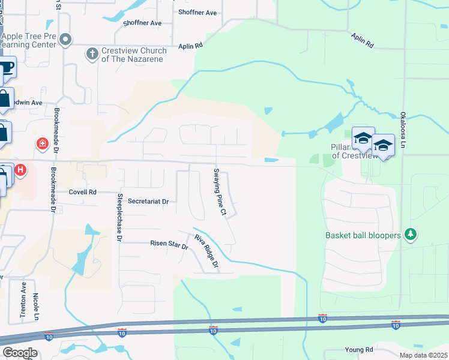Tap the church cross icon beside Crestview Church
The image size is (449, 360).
92,55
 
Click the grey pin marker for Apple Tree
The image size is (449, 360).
67,40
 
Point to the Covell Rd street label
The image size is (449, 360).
82,193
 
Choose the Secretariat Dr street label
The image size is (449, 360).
148,202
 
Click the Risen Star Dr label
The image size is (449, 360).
169,243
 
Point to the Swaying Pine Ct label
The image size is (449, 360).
219,192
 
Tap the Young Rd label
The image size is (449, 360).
359,349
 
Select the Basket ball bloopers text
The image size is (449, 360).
363,235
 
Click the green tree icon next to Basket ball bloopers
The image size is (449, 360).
411,233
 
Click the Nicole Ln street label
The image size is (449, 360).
37,306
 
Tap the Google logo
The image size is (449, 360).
19,353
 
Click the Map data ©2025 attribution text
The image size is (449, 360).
423,355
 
